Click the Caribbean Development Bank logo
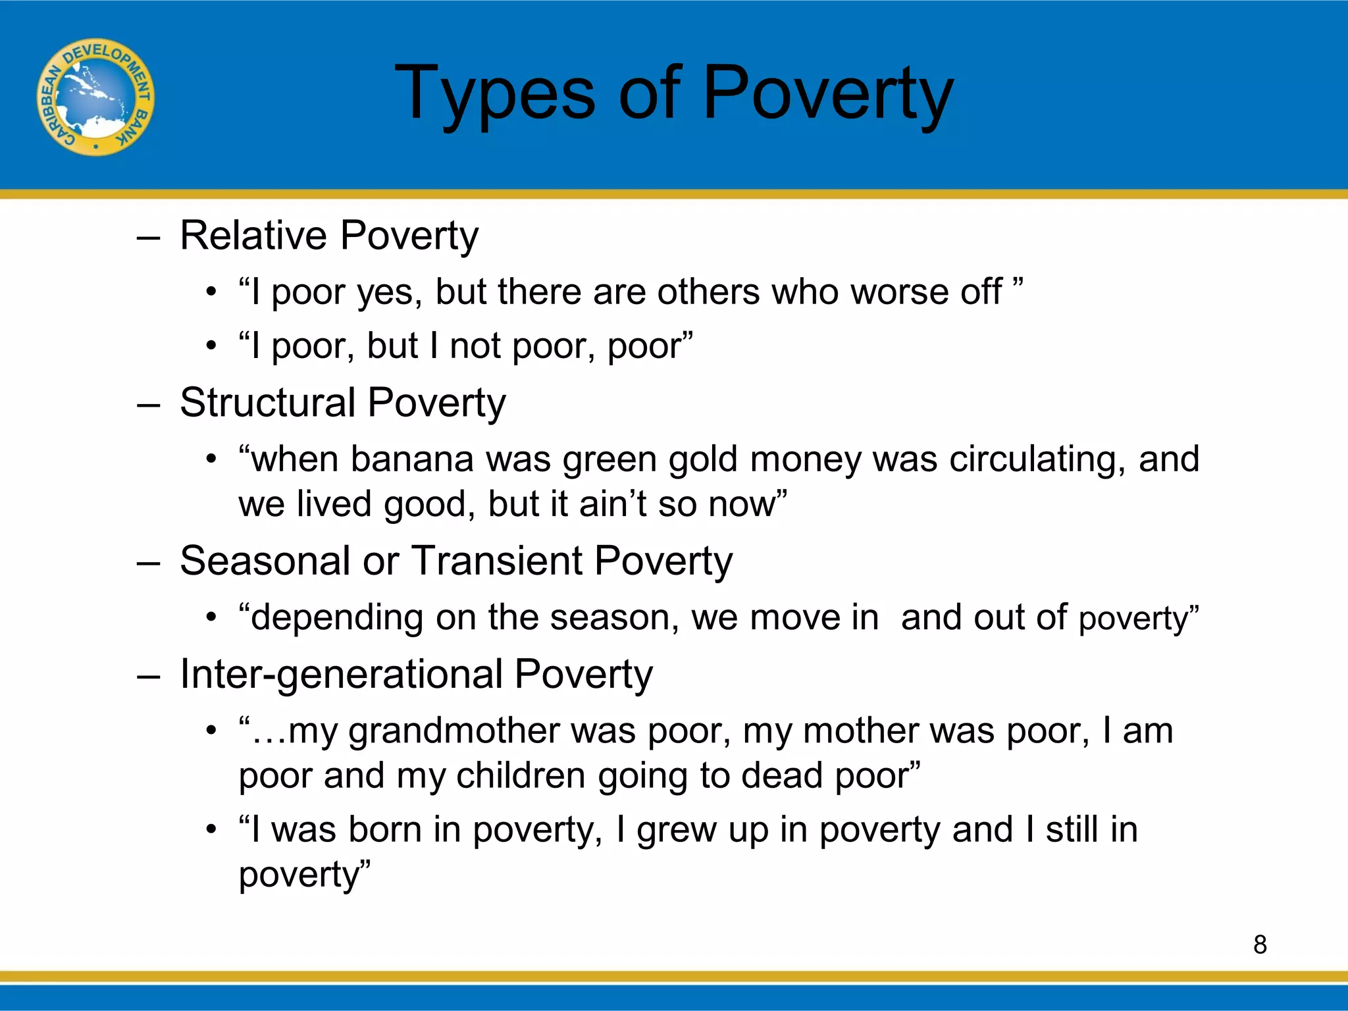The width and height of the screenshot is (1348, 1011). (x=95, y=97)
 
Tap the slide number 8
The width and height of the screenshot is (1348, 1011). (x=1260, y=945)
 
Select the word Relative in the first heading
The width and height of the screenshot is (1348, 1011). (x=253, y=235)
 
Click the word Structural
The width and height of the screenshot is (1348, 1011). (x=267, y=402)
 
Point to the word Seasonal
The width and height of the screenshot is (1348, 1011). (x=264, y=561)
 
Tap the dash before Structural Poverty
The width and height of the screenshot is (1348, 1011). (x=149, y=405)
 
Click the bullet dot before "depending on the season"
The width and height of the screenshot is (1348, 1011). (x=211, y=618)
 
